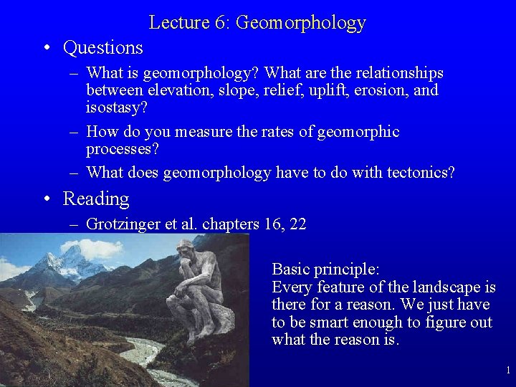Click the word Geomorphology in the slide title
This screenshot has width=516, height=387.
point(300,23)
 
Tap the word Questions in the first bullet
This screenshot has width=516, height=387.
point(103,48)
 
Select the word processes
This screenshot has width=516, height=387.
point(122,149)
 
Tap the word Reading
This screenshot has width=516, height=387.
point(96,199)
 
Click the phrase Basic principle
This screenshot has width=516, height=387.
point(325,269)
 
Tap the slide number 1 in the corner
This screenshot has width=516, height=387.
point(507,371)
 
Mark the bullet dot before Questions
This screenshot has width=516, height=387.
point(45,49)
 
